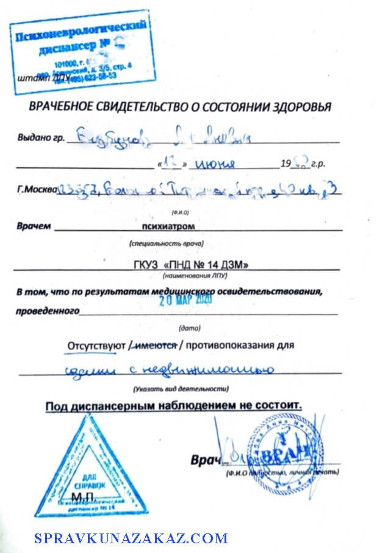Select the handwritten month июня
pos(217,164)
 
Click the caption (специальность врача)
pos(166,244)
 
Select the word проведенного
pos(48,311)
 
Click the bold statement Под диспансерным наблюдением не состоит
pos(173,405)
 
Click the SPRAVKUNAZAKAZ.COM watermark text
pos(131,538)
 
